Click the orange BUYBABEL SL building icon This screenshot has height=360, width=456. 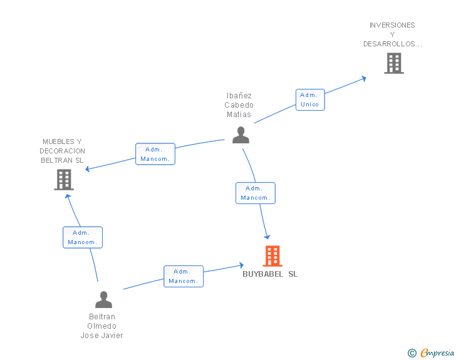pos(272,255)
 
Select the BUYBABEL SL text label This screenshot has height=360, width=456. pos(270,274)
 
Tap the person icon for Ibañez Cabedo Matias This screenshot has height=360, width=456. pos(241,135)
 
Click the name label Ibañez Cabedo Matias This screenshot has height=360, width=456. pos(239,105)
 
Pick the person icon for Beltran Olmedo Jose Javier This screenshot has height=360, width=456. pos(103,299)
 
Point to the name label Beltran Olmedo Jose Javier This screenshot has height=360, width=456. pos(101,326)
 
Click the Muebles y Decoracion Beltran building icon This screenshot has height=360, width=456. pos(64,180)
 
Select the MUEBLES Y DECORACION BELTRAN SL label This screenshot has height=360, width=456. pos(62,151)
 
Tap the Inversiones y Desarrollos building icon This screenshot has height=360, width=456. pos(393,63)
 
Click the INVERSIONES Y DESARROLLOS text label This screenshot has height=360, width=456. pos(393,34)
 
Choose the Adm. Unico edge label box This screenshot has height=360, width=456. pos(310,100)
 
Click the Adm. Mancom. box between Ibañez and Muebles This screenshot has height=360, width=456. pos(155,154)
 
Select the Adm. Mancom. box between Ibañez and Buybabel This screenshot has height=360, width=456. pos(255,193)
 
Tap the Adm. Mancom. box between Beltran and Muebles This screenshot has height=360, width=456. pos(82,237)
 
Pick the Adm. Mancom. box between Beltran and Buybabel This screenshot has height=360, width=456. pos(184,276)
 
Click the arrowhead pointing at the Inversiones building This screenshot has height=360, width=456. pos(363,78)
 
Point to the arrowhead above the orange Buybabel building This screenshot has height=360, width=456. pos(267,236)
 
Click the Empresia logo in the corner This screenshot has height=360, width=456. pos(437,353)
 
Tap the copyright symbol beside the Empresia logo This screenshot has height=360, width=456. pos(412,353)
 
